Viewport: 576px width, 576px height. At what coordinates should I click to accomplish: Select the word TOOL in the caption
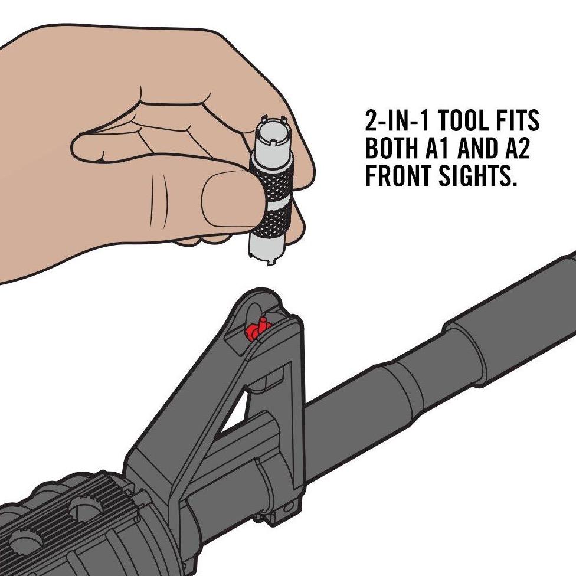[470, 122]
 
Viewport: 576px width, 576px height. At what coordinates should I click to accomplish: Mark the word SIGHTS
[478, 176]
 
